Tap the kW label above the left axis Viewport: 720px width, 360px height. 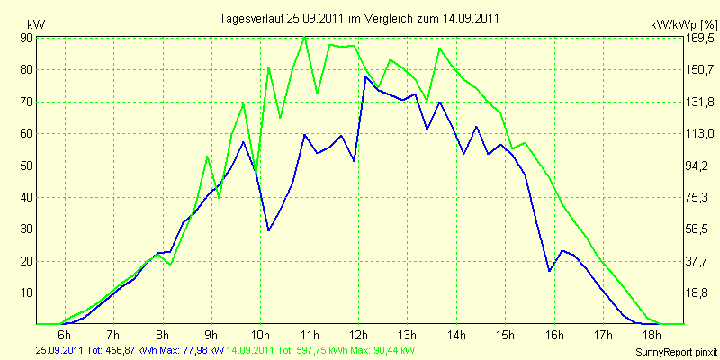[36, 24]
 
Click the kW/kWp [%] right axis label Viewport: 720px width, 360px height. [684, 24]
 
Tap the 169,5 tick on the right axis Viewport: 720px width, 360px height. [701, 38]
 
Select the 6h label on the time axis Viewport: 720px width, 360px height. [65, 334]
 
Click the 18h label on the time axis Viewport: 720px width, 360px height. [652, 334]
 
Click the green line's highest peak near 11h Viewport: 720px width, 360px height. [305, 37]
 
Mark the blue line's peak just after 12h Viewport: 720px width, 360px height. [365, 77]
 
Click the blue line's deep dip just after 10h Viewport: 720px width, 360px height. [268, 230]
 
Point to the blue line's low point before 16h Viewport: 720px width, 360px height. [549, 271]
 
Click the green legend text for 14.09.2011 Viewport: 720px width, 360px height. [317, 350]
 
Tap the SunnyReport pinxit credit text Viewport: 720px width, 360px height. [676, 352]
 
